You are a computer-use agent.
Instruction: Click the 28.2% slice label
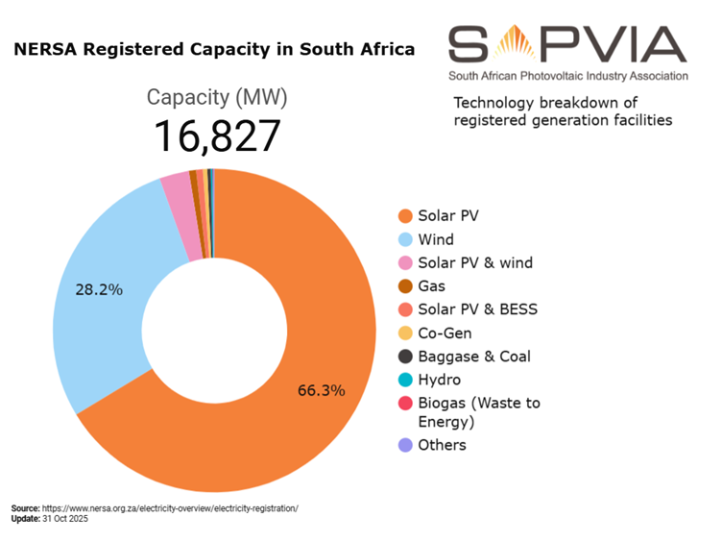click(98, 288)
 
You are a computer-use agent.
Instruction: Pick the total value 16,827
click(217, 136)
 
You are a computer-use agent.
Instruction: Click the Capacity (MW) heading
click(217, 98)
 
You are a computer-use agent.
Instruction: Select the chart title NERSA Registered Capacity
click(214, 49)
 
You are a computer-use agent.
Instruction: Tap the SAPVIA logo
click(567, 52)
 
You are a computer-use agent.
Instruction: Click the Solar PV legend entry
click(447, 216)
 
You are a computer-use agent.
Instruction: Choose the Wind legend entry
click(435, 239)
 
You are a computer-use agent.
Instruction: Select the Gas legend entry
click(431, 285)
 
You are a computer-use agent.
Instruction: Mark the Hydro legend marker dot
click(405, 380)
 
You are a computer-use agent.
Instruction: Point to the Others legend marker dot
click(405, 445)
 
